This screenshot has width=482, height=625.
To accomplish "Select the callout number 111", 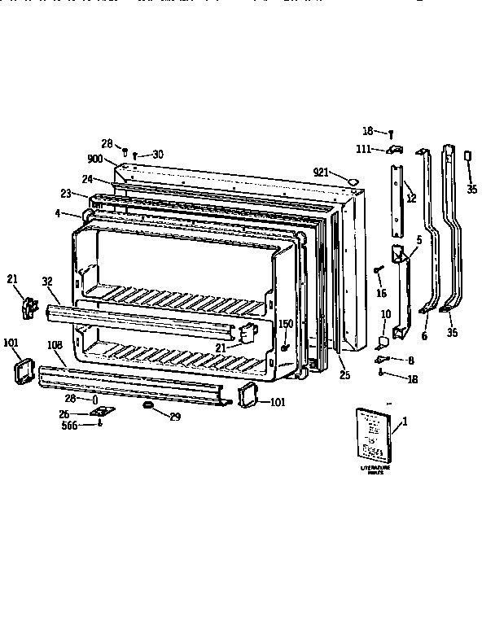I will [x=364, y=148].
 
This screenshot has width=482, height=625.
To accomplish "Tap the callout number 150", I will [x=286, y=325].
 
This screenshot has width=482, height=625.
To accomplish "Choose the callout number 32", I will [x=48, y=282].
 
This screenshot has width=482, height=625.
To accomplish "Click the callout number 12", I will [x=411, y=199].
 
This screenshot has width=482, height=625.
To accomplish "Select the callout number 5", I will [x=418, y=240].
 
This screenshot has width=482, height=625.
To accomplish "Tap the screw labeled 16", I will [x=378, y=270].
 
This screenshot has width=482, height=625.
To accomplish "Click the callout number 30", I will [x=157, y=154].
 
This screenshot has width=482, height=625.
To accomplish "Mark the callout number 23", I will [x=67, y=194].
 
